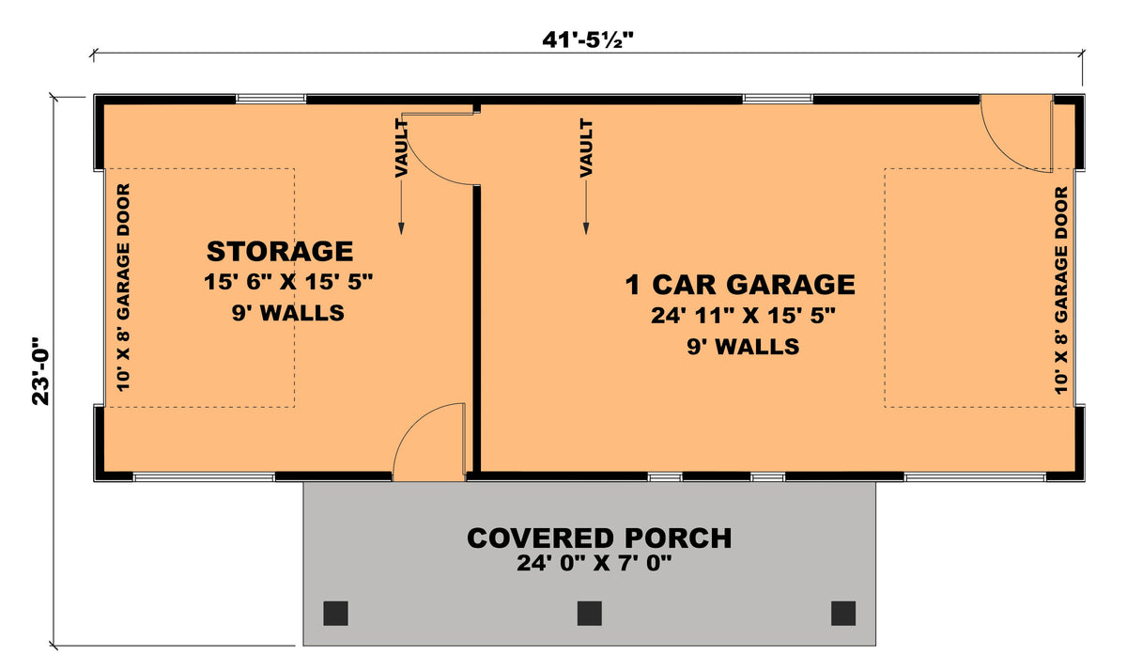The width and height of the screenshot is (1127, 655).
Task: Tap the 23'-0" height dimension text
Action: click(x=40, y=370)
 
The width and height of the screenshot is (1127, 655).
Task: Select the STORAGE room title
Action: click(x=280, y=252)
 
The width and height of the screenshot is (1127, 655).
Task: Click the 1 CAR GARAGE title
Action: click(x=740, y=284)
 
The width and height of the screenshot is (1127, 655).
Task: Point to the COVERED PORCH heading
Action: click(x=599, y=538)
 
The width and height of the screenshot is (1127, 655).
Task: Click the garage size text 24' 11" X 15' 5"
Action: click(x=743, y=317)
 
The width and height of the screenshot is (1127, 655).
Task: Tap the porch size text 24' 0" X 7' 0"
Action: click(x=595, y=564)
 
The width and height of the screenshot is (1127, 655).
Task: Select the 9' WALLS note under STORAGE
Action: click(x=287, y=313)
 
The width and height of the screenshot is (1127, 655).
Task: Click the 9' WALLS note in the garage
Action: click(x=743, y=347)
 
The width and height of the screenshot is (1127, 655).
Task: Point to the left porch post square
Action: click(x=336, y=613)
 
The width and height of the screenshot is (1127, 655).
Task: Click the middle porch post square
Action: click(x=590, y=613)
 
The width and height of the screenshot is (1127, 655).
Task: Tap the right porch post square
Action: click(x=843, y=613)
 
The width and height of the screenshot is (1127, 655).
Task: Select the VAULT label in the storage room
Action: click(x=401, y=148)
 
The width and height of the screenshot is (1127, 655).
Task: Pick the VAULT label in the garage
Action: click(x=586, y=148)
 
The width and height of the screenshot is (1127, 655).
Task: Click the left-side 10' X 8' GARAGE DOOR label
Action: click(x=123, y=288)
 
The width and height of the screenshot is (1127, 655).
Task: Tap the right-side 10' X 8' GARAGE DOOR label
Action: click(x=1062, y=289)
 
